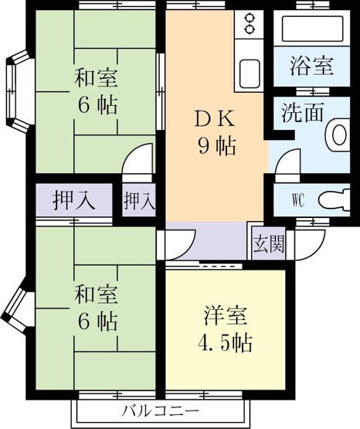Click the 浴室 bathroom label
[x=311, y=66]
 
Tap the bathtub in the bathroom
[x=312, y=29]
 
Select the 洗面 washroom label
[x=303, y=112]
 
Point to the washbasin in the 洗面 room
[x=338, y=134]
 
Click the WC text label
[x=298, y=201]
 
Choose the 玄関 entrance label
[x=269, y=243]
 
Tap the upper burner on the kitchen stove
[x=249, y=19]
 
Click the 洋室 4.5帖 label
[x=225, y=329]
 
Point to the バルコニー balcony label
[x=161, y=410]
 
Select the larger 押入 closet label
[x=74, y=201]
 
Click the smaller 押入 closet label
[x=139, y=201]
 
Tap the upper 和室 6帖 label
[x=97, y=92]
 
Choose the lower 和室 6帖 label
[x=97, y=308]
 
